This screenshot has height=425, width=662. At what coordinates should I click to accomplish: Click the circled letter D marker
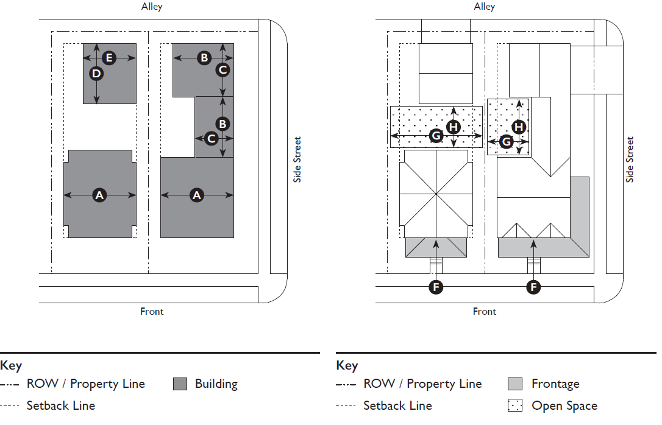coord(96,74)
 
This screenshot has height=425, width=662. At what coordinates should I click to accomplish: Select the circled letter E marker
coord(109,58)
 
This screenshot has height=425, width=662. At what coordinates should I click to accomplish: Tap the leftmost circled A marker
coord(99,195)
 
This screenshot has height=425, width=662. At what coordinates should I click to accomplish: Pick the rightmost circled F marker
coord(533,287)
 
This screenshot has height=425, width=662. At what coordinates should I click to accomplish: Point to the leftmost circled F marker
coord(435,287)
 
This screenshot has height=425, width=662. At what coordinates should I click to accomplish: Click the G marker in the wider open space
coord(436,135)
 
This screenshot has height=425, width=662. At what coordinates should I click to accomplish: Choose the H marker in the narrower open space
coord(519,127)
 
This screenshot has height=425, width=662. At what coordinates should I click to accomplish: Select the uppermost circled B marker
coord(204,58)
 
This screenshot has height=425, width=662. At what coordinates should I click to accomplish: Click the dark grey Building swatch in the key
coord(180,384)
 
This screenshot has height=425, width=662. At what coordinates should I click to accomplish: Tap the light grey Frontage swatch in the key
coord(515,384)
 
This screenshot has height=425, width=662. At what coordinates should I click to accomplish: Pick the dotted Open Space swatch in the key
coord(515,406)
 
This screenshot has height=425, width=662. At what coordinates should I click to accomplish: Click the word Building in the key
coord(216,384)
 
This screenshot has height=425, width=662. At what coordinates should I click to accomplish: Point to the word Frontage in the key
coord(555,384)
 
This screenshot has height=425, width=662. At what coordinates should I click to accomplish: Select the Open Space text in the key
coord(564,406)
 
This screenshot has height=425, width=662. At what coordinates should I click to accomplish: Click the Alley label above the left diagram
coord(151,7)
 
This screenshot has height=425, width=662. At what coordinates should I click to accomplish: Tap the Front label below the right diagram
coord(485,312)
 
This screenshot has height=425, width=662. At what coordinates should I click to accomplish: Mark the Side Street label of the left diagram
coord(297,160)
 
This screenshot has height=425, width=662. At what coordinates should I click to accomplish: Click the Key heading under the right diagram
coord(347,365)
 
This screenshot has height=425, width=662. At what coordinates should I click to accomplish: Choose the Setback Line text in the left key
coord(61,406)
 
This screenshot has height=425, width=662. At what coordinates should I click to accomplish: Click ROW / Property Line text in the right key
coord(422,384)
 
